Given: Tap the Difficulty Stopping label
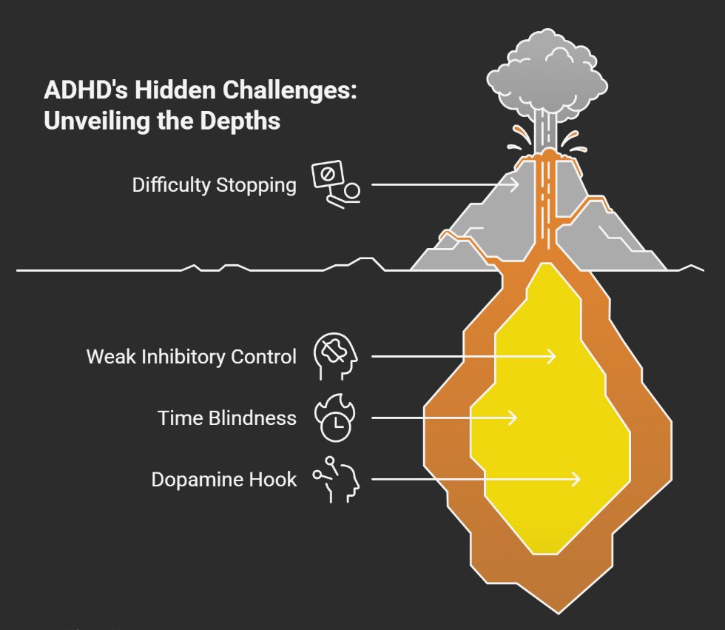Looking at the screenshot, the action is click(x=214, y=184).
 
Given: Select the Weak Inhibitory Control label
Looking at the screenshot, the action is click(x=191, y=356).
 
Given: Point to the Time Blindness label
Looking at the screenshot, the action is click(x=226, y=418).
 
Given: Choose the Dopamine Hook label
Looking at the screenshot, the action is click(x=223, y=479).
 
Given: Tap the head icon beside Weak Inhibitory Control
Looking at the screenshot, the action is click(x=335, y=356).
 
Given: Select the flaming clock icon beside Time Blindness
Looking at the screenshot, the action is click(x=334, y=418).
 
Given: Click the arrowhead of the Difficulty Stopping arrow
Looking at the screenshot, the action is click(x=515, y=184).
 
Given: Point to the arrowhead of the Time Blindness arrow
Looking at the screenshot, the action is click(x=512, y=418).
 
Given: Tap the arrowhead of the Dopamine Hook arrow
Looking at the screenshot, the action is click(x=576, y=480).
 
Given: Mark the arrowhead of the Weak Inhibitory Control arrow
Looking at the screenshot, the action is click(x=550, y=356).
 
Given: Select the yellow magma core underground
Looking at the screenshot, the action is click(x=551, y=415).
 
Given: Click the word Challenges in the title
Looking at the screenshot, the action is click(x=285, y=90).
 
